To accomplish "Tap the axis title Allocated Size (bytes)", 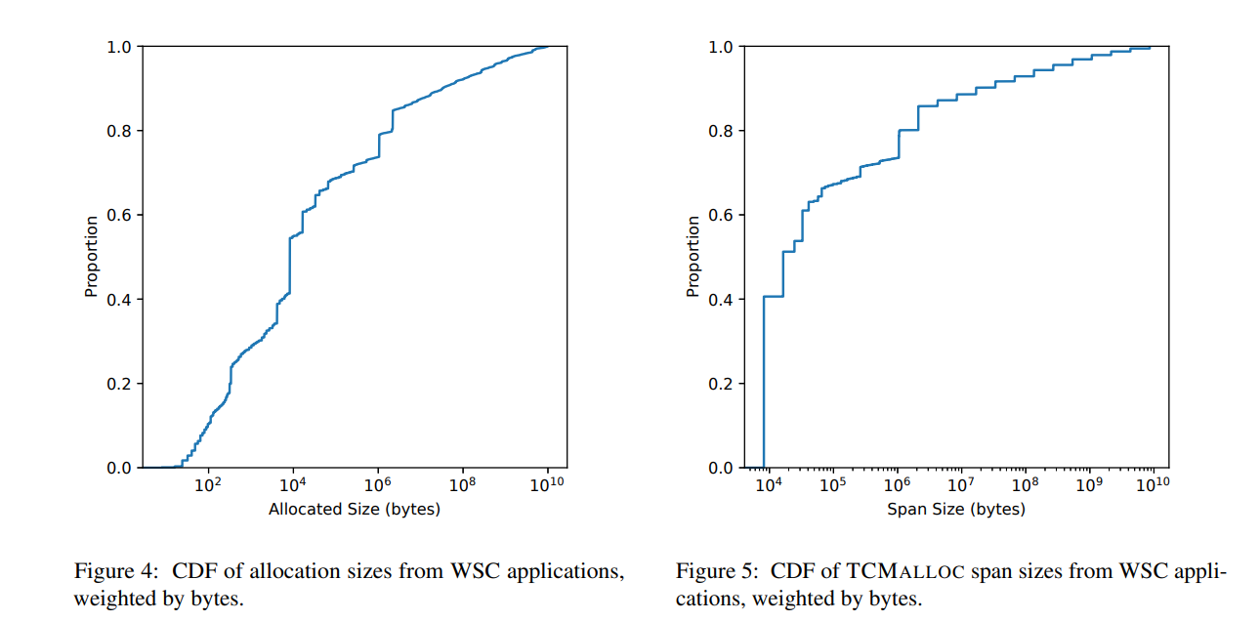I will pos(355,509).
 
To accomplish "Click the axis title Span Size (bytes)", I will pos(956,509).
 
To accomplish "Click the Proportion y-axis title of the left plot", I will pos(92,256).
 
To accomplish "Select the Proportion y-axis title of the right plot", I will pos(693,256).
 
